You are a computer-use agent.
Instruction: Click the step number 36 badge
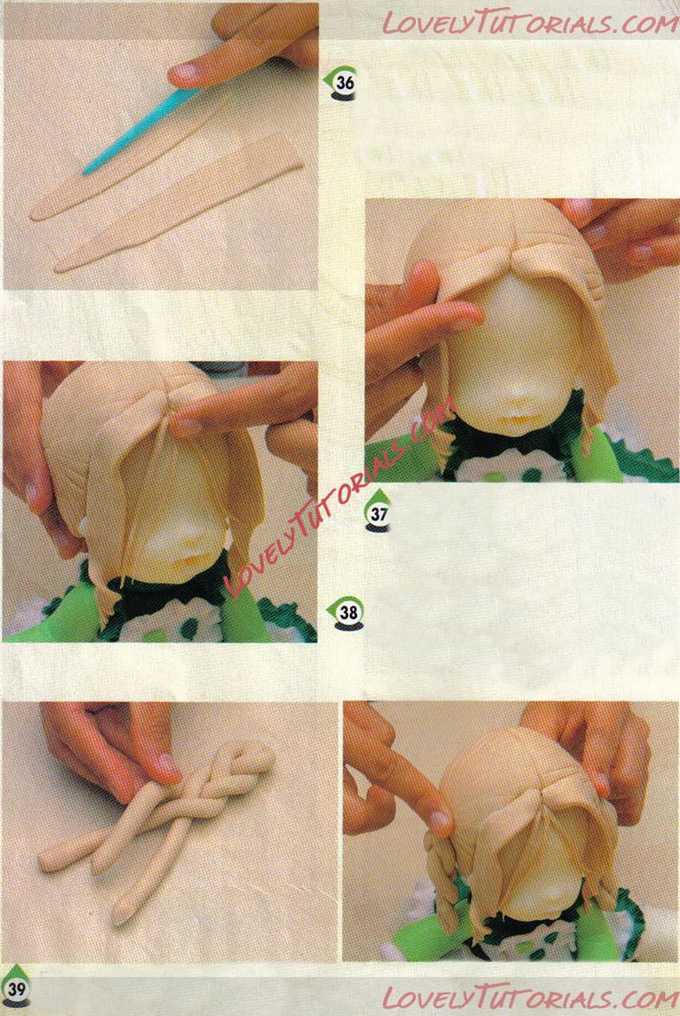[x=341, y=84]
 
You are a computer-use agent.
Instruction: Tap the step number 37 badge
[x=378, y=511]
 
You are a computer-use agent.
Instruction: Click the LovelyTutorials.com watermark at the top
[x=528, y=23]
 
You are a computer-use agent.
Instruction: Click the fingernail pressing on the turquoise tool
[x=184, y=74]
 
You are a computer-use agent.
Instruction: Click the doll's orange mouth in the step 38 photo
[x=190, y=559]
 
